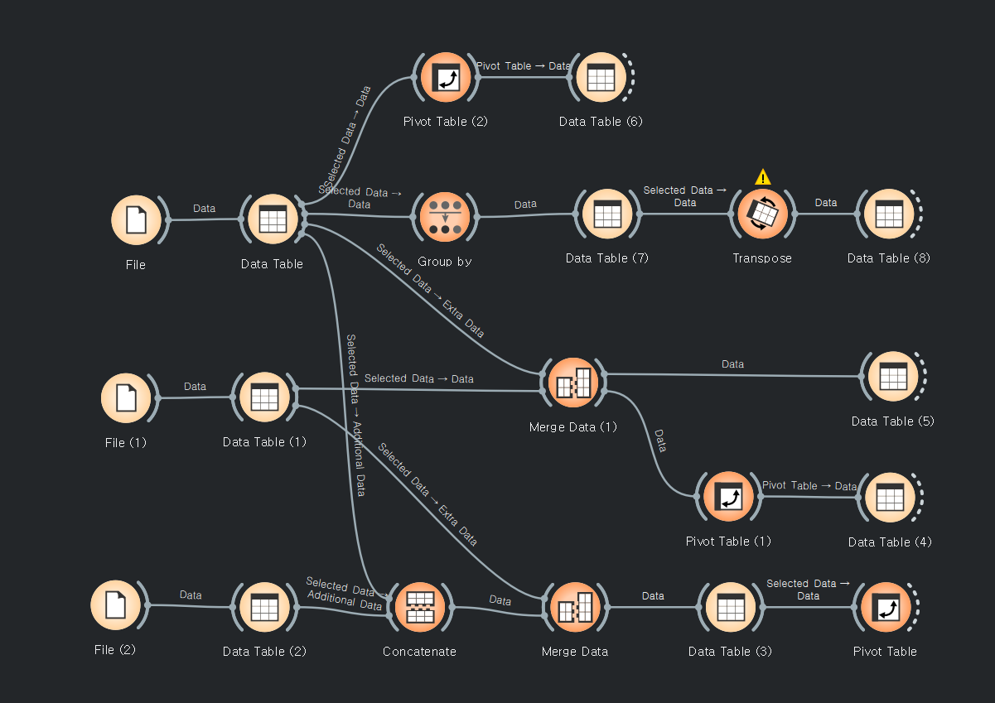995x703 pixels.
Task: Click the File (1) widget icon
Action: pyautogui.click(x=126, y=397)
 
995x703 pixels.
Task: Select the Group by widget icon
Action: pyautogui.click(x=445, y=217)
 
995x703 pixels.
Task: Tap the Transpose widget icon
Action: pyautogui.click(x=762, y=214)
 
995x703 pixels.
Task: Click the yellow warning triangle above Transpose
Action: pyautogui.click(x=763, y=177)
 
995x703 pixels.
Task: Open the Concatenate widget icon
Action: pyautogui.click(x=421, y=607)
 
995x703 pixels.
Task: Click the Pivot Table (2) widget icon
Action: pyautogui.click(x=446, y=78)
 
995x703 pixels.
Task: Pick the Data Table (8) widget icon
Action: pyautogui.click(x=889, y=214)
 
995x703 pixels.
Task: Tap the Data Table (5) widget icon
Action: pyautogui.click(x=892, y=377)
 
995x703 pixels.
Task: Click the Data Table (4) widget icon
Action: pyautogui.click(x=890, y=498)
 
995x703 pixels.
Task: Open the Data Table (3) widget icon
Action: pyautogui.click(x=730, y=607)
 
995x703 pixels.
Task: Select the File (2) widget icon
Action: pyautogui.click(x=115, y=605)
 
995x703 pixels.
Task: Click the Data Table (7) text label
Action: pyautogui.click(x=607, y=258)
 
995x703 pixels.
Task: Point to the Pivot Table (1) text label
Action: pyautogui.click(x=728, y=542)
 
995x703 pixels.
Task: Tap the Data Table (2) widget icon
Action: pyautogui.click(x=264, y=607)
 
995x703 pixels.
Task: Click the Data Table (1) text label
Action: pyautogui.click(x=264, y=442)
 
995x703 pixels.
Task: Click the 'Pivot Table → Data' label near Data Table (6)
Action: pyautogui.click(x=523, y=65)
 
